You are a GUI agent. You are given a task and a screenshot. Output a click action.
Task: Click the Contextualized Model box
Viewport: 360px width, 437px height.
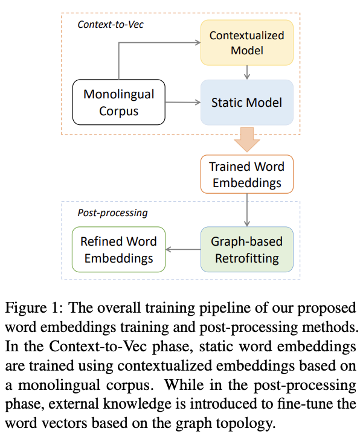(246, 42)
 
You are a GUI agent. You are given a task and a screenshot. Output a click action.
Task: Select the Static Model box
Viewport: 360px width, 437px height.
(246, 103)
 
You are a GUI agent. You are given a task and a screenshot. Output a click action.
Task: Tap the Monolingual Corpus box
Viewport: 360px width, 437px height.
(118, 103)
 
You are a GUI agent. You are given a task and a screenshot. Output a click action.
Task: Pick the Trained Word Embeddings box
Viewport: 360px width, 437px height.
(246, 174)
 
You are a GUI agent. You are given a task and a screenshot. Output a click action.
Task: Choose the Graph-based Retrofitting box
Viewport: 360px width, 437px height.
(246, 250)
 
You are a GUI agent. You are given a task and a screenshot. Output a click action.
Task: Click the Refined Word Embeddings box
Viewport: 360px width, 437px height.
(118, 250)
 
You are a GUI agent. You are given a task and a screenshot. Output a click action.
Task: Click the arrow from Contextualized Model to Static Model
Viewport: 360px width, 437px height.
(246, 72)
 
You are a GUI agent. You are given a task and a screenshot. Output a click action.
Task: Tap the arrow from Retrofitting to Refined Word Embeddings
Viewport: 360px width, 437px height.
(183, 250)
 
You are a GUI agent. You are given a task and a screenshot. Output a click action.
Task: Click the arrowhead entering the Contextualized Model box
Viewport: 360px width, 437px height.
(196, 42)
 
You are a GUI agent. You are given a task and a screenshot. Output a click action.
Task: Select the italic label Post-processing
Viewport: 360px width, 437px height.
(112, 213)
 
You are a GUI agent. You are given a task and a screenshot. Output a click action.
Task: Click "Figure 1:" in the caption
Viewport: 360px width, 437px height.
(33, 307)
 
